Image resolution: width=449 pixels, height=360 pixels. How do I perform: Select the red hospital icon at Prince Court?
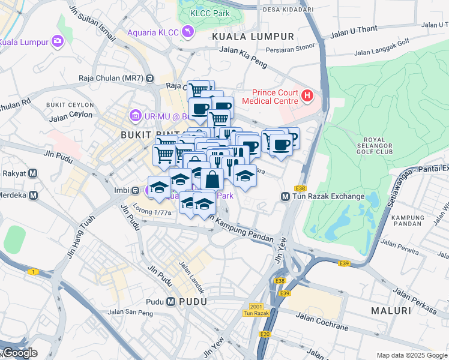pyautogui.click(x=307, y=95)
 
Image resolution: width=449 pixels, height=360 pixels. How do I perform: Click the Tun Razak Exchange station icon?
pyautogui.click(x=286, y=196)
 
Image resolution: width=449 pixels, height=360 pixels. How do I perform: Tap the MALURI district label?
pyautogui.click(x=391, y=311)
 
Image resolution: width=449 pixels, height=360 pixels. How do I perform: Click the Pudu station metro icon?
pyautogui.click(x=171, y=301)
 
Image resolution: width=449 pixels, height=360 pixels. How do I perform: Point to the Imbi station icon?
pyautogui.click(x=136, y=190)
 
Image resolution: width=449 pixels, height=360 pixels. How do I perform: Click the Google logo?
pyautogui.click(x=19, y=353)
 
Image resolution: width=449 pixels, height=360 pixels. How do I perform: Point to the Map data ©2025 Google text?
pyautogui.click(x=411, y=355)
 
